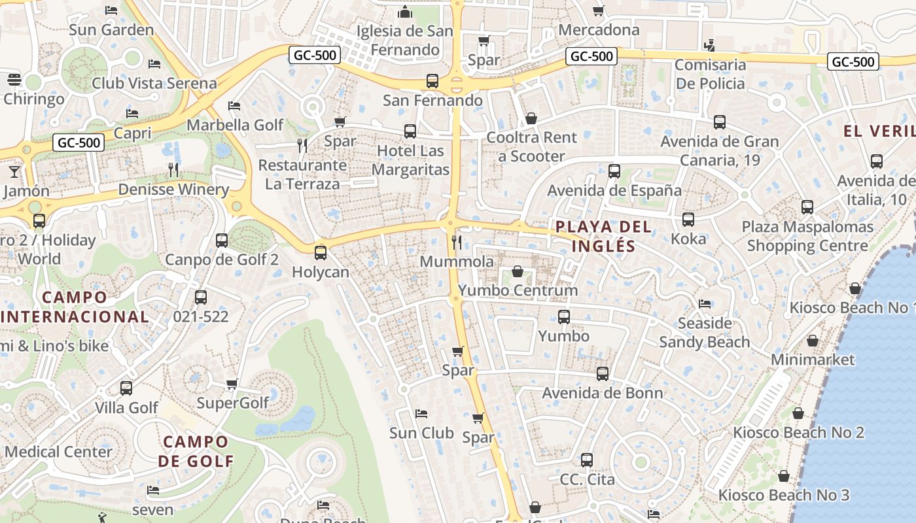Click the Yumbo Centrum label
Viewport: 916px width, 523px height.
pos(518,290)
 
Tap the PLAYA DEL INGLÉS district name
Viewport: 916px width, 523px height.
pos(603,236)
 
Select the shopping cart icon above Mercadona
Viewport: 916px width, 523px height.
pos(598,10)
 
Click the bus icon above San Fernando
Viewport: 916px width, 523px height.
pos(432,81)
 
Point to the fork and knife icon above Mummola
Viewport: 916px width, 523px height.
pos(457,243)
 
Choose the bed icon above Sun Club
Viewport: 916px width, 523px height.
pos(421,414)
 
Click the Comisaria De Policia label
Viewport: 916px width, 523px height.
pos(710,74)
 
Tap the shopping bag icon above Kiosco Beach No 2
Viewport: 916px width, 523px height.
pos(798,413)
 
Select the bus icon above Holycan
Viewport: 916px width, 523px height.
pos(321,252)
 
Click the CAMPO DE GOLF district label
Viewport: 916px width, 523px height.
pos(196,451)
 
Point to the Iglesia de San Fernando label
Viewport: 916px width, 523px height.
pos(404,40)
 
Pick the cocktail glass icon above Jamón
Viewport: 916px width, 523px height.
pos(14,171)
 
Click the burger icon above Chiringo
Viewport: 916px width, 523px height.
pos(14,80)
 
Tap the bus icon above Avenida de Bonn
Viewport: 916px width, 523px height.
pos(602,374)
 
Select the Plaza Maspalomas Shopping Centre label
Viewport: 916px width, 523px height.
pos(807,236)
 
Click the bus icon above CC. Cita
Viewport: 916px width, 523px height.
pos(587,460)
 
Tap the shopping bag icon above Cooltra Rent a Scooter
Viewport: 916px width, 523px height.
pos(531,118)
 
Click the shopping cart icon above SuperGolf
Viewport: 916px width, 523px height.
pos(232,384)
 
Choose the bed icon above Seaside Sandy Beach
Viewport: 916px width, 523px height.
pos(704,304)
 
